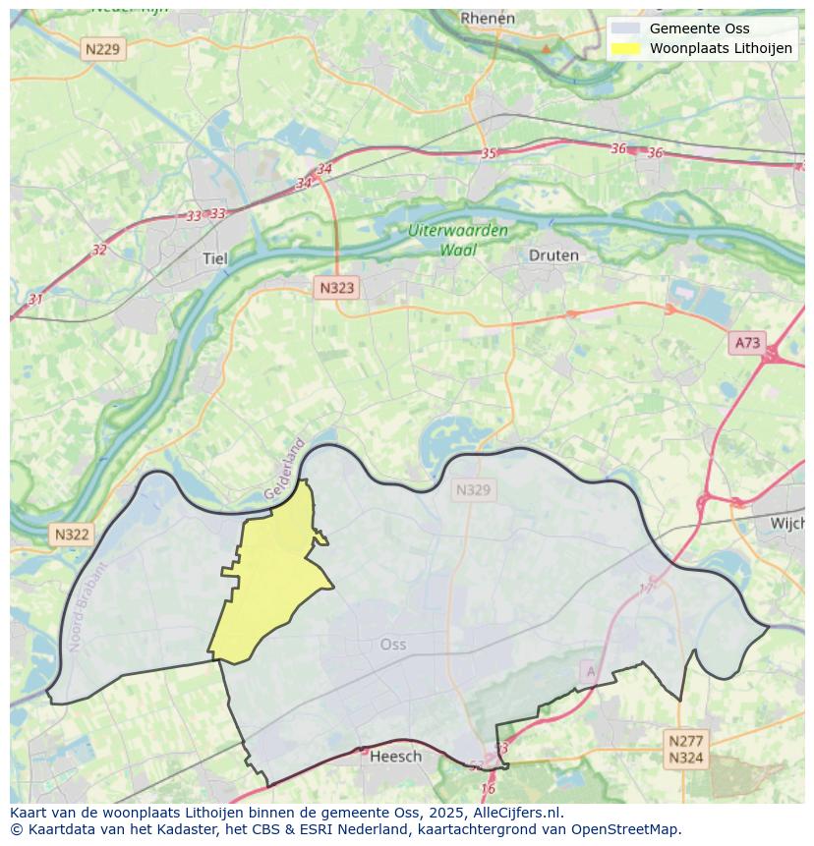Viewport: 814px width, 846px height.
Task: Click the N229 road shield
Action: tap(104, 49)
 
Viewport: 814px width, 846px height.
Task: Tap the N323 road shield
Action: tap(336, 288)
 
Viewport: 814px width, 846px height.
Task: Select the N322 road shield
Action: tap(72, 535)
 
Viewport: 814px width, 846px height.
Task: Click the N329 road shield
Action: tap(473, 489)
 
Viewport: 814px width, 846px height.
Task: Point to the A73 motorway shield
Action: tap(747, 342)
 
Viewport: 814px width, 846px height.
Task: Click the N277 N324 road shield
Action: tap(685, 749)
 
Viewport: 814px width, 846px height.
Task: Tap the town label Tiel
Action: tap(213, 258)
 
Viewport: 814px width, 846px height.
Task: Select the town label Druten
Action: tap(553, 254)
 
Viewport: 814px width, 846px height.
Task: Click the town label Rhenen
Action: tap(488, 18)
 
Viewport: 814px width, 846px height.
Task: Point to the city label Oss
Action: tap(392, 645)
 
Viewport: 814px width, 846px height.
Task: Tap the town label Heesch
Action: tap(395, 756)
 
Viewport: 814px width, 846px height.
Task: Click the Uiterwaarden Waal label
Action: tap(459, 240)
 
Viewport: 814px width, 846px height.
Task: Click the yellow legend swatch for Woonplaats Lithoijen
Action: tap(624, 48)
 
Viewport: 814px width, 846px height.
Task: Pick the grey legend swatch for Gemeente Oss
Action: tap(624, 28)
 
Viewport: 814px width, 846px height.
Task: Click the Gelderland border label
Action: tap(285, 469)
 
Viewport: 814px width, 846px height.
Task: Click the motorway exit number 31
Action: tap(35, 299)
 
